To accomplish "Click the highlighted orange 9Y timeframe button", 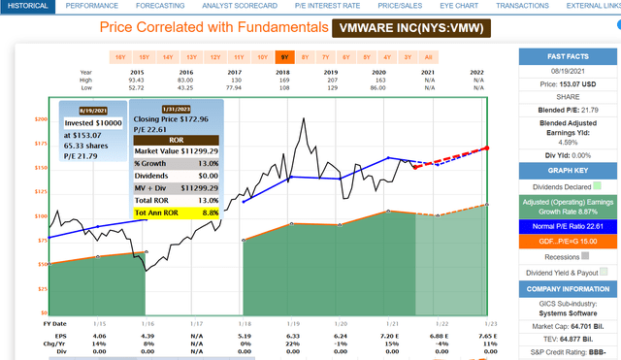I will click(282, 57).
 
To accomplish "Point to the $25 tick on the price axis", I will click(41, 288).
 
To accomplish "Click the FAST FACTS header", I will click(571, 55).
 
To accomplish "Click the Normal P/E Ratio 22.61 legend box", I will click(571, 225).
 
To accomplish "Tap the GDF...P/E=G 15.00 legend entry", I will click(571, 241).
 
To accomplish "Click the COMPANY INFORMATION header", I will click(571, 289).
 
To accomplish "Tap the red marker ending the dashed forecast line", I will click(487, 147).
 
